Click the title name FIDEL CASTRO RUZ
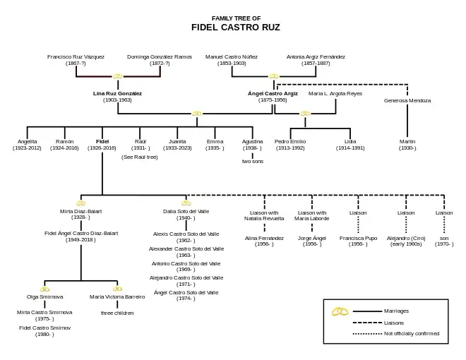(236, 28)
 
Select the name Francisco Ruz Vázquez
(76, 56)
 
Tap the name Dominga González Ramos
(160, 56)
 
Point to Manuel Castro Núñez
(232, 56)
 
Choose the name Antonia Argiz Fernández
(316, 56)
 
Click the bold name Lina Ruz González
(117, 93)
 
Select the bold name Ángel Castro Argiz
(273, 93)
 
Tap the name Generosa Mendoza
(407, 100)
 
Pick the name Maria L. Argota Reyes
(335, 93)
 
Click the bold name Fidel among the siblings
(102, 141)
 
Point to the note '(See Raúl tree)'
(140, 157)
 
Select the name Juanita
(177, 141)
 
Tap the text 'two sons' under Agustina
(252, 161)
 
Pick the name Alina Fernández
(264, 238)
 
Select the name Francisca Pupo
(358, 238)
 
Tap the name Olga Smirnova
(45, 296)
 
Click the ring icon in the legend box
(340, 311)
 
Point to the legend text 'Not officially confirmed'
(411, 333)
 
